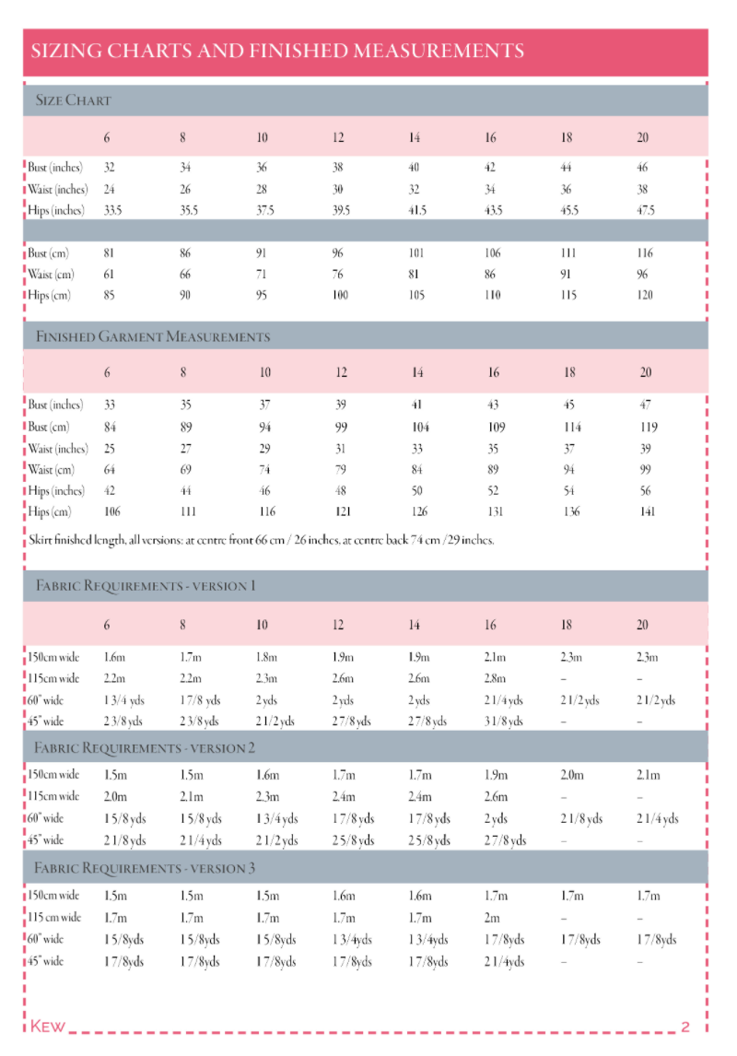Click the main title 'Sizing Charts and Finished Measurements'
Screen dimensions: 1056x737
click(x=278, y=51)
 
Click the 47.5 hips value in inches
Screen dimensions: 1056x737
click(x=645, y=210)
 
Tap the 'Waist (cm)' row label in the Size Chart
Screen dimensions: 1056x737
click(x=51, y=275)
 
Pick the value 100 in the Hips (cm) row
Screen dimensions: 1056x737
click(x=340, y=296)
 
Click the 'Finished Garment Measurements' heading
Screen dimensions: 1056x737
click(x=153, y=336)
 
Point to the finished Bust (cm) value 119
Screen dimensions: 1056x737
click(x=648, y=428)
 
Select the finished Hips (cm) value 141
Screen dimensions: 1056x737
click(x=647, y=512)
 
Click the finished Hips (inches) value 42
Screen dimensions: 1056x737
click(x=111, y=491)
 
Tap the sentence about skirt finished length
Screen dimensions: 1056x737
click(x=262, y=540)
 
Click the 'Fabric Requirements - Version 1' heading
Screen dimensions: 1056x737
click(x=146, y=586)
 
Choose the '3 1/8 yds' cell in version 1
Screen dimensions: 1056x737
click(x=505, y=722)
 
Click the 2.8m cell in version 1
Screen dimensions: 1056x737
click(x=496, y=679)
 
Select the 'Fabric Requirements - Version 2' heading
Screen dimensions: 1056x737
click(x=146, y=748)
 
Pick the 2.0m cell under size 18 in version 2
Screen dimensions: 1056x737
click(x=571, y=776)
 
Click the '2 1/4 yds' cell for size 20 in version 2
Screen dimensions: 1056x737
click(x=658, y=818)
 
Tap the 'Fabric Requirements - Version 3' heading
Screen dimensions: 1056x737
click(x=145, y=868)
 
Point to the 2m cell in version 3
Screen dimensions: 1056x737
click(x=492, y=918)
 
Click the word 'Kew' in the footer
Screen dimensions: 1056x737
click(x=48, y=1027)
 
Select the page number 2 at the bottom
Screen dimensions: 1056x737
click(x=684, y=1027)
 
